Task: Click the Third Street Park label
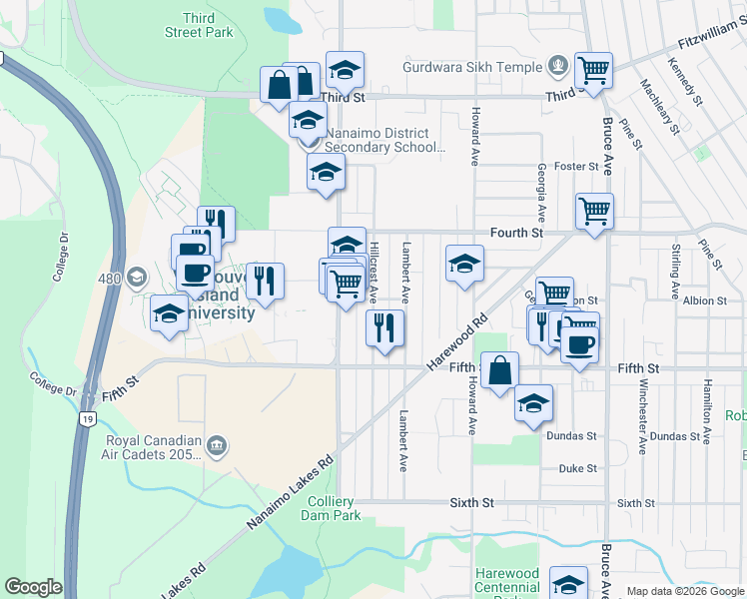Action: [207, 25]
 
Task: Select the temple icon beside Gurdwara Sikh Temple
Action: [557, 68]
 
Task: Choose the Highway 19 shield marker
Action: [88, 419]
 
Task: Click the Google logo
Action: [33, 587]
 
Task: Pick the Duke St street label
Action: [577, 467]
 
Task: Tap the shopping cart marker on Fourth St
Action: [594, 211]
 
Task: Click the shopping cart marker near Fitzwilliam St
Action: [593, 69]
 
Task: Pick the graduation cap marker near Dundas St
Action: [533, 402]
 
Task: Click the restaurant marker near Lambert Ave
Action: [384, 326]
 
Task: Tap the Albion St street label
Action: [705, 300]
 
